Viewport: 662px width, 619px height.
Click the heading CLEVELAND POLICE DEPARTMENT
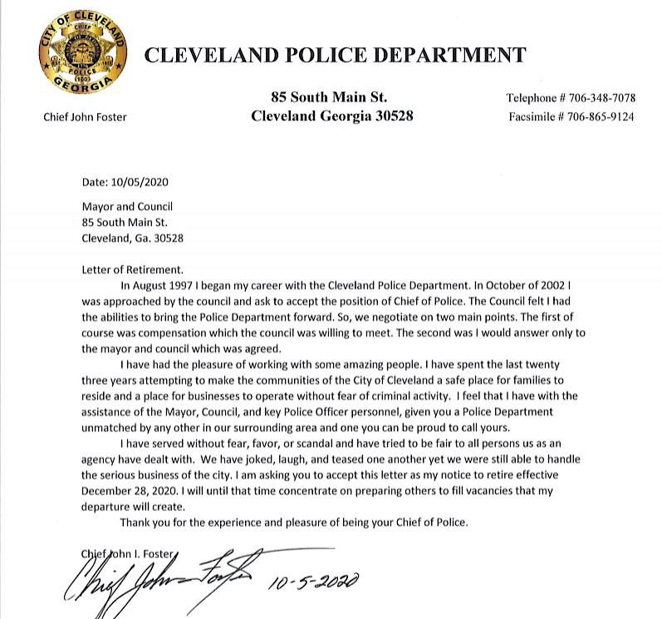tap(336, 56)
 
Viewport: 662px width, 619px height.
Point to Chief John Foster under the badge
tap(85, 117)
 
